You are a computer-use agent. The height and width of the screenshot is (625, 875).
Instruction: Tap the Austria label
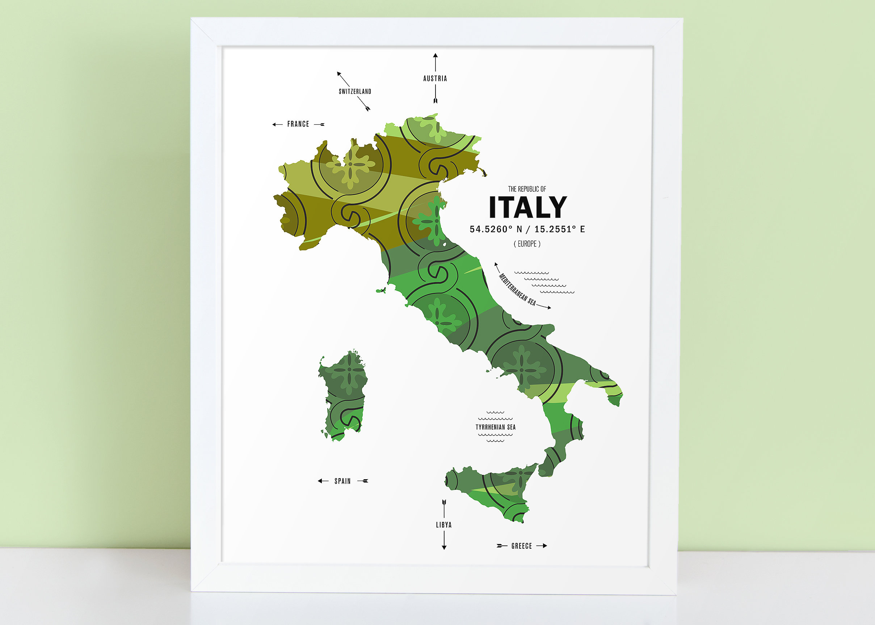(x=435, y=78)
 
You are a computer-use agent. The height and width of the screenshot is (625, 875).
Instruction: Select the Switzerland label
(x=355, y=92)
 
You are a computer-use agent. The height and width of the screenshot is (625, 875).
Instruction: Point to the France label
(x=298, y=124)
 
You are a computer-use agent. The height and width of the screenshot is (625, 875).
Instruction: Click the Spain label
(x=342, y=481)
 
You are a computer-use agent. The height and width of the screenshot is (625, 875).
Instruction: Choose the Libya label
(x=444, y=524)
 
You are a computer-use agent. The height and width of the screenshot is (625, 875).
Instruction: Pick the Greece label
(x=521, y=546)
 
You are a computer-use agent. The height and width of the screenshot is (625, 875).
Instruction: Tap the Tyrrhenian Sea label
(x=495, y=427)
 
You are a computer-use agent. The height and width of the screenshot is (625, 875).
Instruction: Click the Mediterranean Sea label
(x=517, y=289)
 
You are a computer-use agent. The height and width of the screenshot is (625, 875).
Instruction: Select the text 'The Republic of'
(x=527, y=189)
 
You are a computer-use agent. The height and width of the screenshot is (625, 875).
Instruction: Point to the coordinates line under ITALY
(x=527, y=229)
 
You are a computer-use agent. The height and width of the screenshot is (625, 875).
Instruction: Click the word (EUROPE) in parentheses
(x=527, y=244)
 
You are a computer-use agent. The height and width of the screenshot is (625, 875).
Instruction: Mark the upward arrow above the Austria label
(x=435, y=61)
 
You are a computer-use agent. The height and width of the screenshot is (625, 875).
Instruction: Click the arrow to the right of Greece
(x=542, y=546)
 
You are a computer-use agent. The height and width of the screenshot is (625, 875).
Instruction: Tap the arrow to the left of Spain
(x=323, y=481)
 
